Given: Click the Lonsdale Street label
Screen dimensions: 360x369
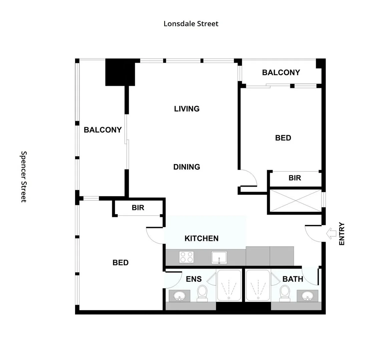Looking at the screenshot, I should [x=191, y=24].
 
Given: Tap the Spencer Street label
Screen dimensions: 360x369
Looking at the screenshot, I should [x=24, y=177].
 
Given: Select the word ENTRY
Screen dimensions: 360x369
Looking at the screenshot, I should [x=342, y=234].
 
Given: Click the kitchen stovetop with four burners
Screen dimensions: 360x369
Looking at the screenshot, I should [x=187, y=257].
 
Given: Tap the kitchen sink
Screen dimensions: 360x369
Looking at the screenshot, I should [x=219, y=258].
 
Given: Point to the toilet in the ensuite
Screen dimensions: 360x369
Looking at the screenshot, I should [x=202, y=293].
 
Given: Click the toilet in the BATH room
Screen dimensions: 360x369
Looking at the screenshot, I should [x=285, y=293].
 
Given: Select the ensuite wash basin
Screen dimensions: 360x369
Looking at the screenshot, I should [x=179, y=295].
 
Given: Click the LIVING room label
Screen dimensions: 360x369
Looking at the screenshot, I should [x=187, y=109].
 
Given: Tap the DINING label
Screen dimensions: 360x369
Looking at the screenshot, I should [x=187, y=167].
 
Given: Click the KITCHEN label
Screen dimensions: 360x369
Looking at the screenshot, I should [x=202, y=238].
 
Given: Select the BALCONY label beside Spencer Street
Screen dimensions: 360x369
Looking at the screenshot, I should [x=102, y=130].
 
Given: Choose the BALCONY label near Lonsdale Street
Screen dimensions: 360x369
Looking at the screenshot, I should [x=281, y=72].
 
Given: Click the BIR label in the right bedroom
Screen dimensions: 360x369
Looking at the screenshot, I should [x=295, y=178].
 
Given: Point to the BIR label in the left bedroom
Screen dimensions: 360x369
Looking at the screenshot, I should [x=138, y=208].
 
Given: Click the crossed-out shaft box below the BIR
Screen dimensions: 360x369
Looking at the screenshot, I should [x=295, y=201].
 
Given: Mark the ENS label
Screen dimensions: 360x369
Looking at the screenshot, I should [x=194, y=279].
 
